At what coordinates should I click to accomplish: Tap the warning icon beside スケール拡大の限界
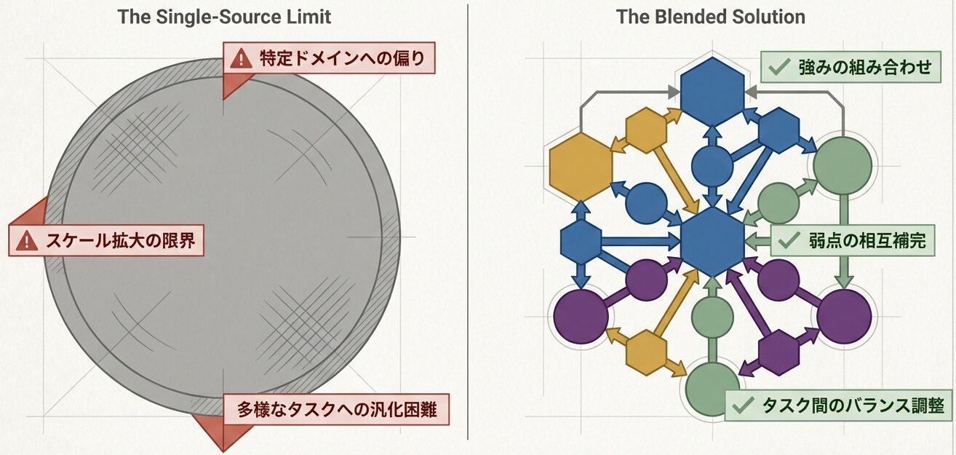click(x=27, y=241)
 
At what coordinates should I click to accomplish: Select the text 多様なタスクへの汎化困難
click(x=336, y=410)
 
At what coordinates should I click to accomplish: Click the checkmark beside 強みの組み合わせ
click(x=779, y=68)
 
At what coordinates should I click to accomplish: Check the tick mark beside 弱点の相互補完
click(x=789, y=240)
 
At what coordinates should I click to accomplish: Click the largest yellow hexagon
click(x=581, y=167)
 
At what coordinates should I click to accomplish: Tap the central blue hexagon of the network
click(x=712, y=241)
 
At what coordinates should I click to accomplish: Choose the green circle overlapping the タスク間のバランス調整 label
click(x=713, y=389)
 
